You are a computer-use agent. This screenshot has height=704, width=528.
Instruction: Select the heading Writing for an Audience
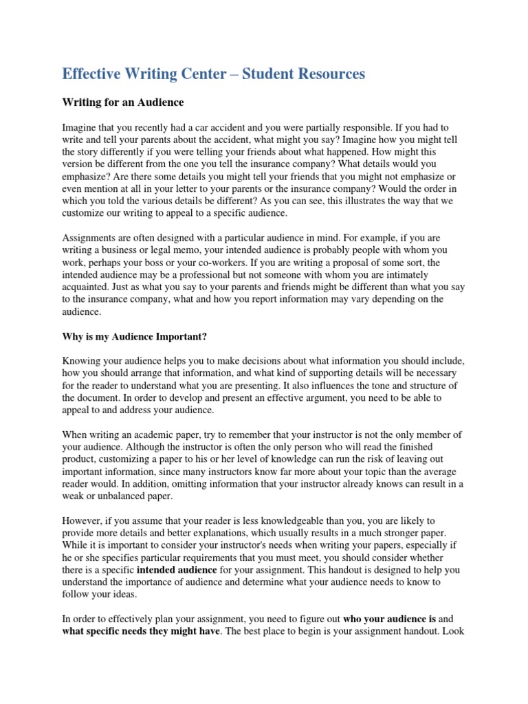(x=123, y=102)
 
